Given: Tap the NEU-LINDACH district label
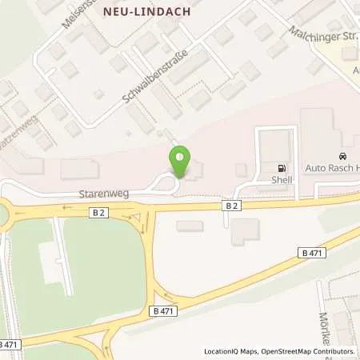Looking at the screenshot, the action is pos(147,11).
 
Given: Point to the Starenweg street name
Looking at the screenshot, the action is pos(105,194).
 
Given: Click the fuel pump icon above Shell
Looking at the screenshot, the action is pos(281,168).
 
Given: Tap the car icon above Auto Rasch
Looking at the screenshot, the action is pos(342,155).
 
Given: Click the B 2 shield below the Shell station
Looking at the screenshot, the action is pos(231,206).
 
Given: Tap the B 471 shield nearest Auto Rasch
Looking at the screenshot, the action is pos(314,253).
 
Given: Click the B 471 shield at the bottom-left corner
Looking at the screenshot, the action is pos(9,343).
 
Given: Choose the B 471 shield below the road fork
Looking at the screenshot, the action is pos(162,310).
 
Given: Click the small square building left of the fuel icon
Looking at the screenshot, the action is pos(242,169).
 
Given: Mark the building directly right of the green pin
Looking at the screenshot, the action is pos(197,170).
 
